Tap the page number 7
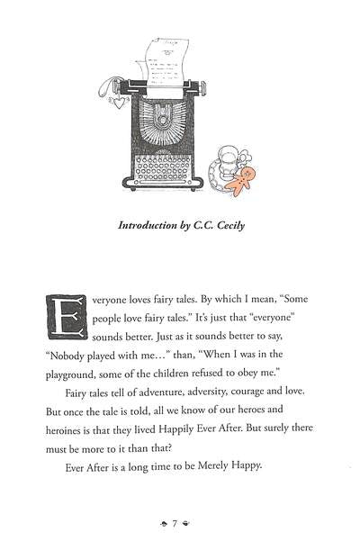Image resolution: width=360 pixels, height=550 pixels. coord(179,522)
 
